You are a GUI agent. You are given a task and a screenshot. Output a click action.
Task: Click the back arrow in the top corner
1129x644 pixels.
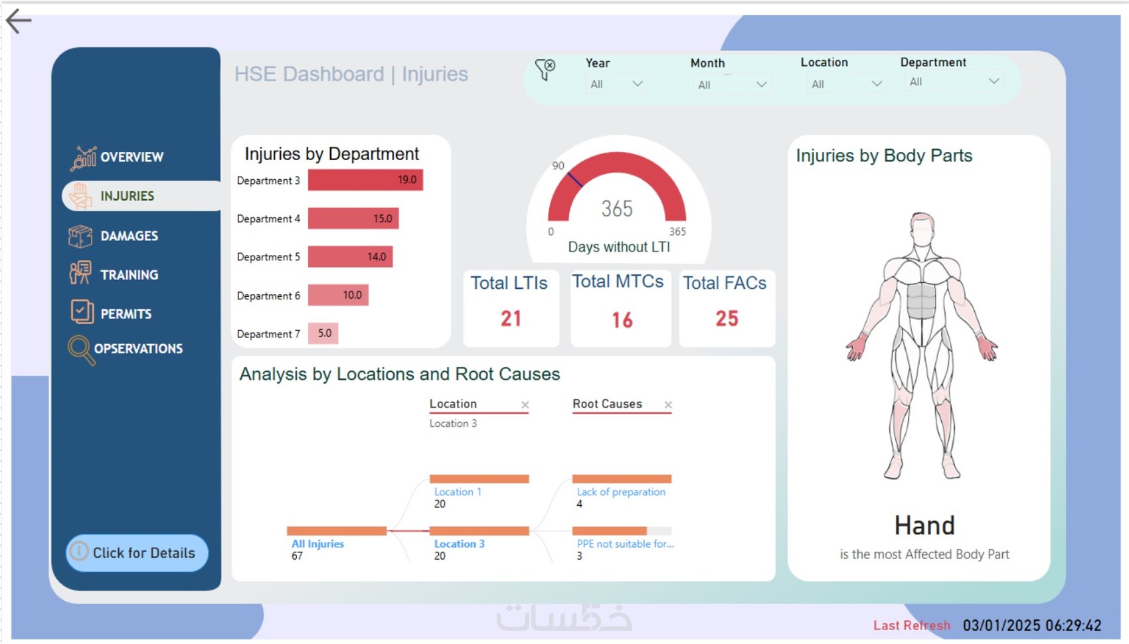(19, 21)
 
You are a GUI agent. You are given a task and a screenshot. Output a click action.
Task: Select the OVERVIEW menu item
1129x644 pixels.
(131, 157)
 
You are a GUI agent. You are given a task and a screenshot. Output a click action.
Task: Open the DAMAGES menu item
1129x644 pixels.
(128, 236)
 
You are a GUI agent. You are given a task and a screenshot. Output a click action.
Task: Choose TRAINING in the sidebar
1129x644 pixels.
(129, 275)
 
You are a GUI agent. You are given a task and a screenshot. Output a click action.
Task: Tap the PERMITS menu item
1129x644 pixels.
(126, 314)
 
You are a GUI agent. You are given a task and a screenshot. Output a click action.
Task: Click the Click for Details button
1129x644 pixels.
(137, 552)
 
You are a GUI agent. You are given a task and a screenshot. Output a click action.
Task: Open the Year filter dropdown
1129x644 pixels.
(616, 84)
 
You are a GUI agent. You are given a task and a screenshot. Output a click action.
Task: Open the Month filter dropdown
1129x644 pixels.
(731, 84)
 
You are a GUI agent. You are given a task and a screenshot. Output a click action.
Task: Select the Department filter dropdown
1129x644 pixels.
(954, 82)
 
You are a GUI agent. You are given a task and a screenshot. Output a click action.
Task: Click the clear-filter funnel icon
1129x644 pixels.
(545, 68)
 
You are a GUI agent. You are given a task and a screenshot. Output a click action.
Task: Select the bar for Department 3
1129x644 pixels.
(365, 180)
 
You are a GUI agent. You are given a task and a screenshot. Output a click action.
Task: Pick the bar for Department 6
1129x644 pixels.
(338, 295)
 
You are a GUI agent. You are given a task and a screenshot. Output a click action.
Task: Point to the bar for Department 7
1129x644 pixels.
(323, 333)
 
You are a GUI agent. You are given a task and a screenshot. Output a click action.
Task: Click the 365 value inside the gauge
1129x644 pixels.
(617, 208)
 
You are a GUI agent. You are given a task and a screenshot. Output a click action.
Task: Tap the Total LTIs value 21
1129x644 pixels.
(511, 319)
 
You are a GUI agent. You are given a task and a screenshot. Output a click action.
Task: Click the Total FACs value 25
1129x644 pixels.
(727, 319)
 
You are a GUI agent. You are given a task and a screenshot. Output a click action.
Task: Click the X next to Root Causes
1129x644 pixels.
(668, 404)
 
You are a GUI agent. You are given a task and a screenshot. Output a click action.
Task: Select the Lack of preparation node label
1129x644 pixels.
(620, 492)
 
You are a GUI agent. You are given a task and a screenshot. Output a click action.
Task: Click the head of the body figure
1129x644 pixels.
(922, 229)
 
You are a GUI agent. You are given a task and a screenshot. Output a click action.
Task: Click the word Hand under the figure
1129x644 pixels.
(924, 526)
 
